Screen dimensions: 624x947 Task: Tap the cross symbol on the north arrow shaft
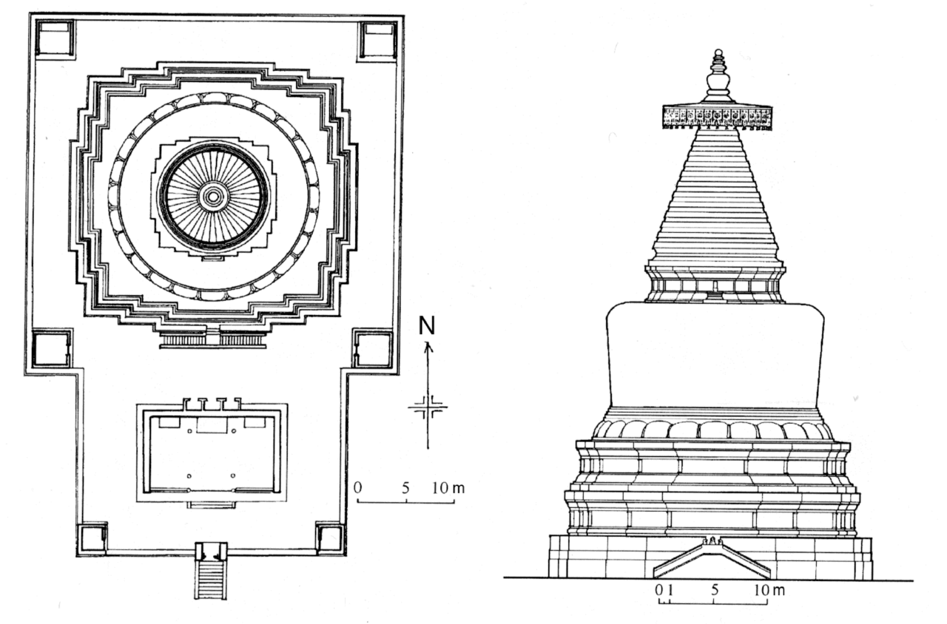click(x=428, y=406)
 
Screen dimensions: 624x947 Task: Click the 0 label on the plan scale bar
click(x=357, y=489)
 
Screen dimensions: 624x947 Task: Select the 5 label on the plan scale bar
click(x=405, y=489)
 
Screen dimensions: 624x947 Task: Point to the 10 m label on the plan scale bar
click(x=449, y=489)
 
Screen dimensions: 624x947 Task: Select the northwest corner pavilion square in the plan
click(x=55, y=38)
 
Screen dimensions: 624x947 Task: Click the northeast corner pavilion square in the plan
click(x=377, y=40)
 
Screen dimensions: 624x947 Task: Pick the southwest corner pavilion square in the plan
click(x=92, y=537)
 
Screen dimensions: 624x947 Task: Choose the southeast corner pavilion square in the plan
click(x=329, y=537)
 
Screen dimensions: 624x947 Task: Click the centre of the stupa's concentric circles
click(x=213, y=196)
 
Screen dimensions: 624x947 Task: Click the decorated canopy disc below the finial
click(x=717, y=117)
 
